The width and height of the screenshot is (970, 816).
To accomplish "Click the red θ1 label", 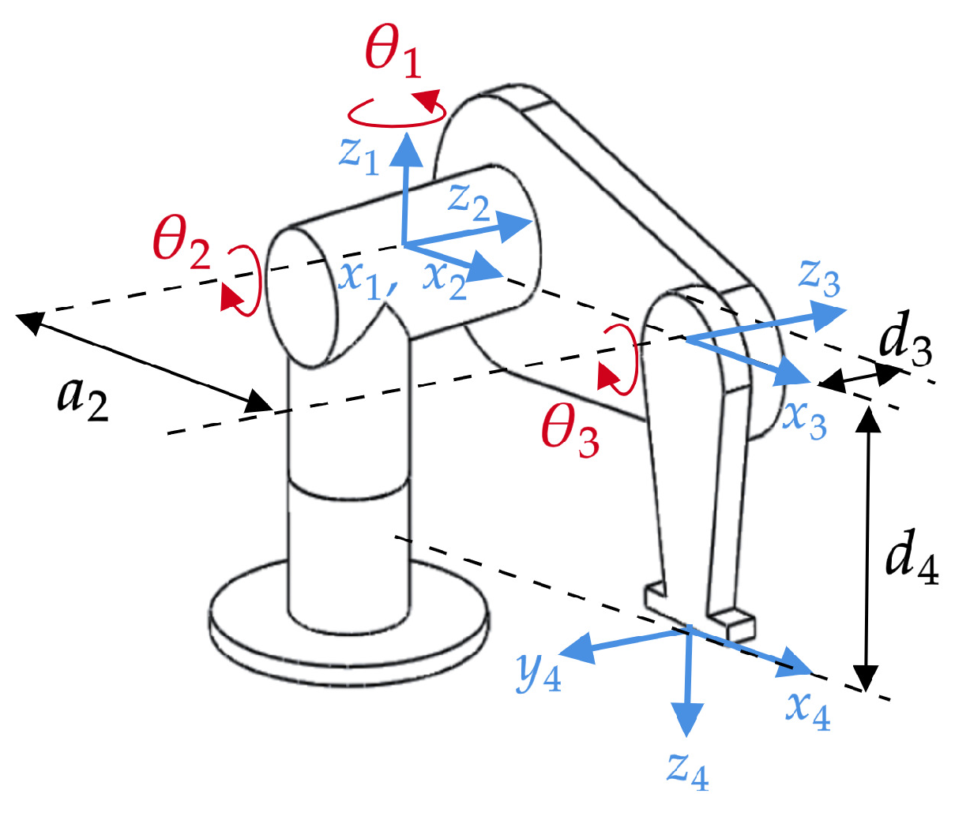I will tap(393, 55).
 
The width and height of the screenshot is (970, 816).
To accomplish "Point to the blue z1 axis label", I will tap(360, 152).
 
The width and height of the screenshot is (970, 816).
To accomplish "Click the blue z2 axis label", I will tap(469, 201).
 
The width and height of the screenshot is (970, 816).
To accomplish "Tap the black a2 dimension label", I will tap(82, 398).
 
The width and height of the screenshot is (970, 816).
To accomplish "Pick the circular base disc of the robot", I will tap(348, 631).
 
